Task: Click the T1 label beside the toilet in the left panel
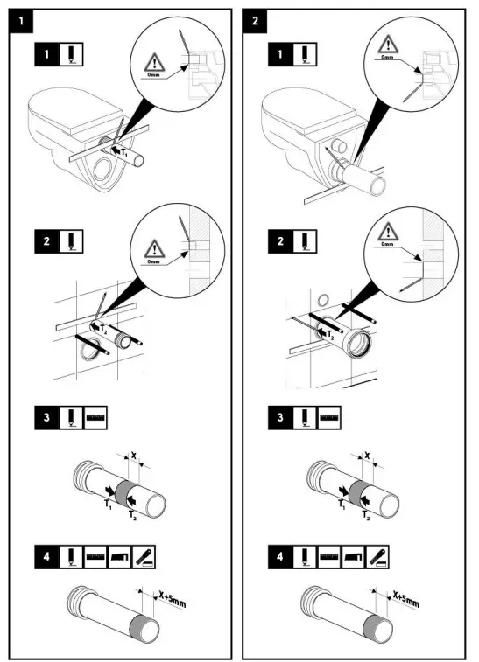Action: click(124, 153)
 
